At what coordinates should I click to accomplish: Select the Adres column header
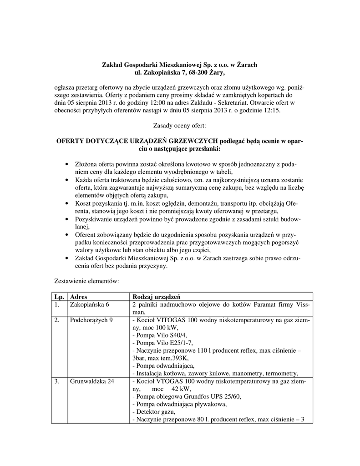(78, 296)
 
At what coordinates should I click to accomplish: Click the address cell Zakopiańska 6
(90, 304)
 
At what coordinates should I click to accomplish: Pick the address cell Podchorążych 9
(91, 320)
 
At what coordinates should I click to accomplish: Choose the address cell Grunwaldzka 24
(91, 381)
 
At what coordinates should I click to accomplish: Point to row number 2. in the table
(57, 320)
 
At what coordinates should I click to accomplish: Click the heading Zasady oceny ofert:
(180, 125)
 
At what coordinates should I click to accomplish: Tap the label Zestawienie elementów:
(86, 281)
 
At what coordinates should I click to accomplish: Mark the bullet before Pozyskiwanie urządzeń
(67, 219)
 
